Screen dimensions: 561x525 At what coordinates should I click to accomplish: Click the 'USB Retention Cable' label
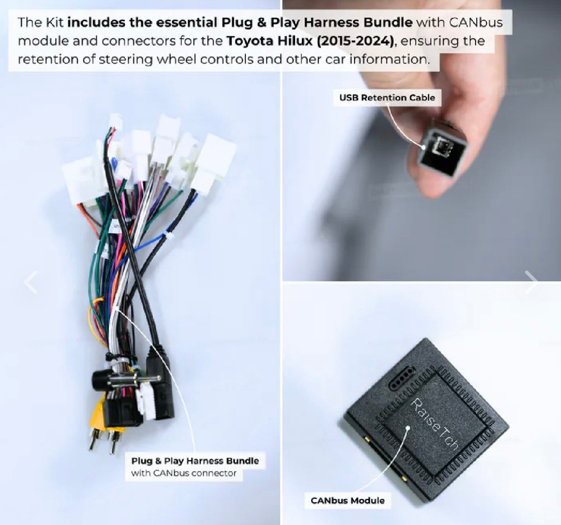[x=387, y=98]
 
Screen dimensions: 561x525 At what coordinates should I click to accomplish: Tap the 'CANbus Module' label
[x=347, y=500]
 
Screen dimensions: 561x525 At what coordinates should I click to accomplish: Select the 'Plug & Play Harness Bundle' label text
[x=195, y=461]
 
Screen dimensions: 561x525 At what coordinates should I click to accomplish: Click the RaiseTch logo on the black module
[x=434, y=424]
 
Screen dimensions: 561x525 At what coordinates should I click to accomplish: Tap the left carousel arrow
[x=30, y=282]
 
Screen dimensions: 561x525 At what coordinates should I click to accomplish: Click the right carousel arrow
[x=531, y=282]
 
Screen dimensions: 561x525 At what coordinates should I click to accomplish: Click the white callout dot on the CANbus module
[x=408, y=428]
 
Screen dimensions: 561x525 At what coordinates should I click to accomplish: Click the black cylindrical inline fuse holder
[x=102, y=380]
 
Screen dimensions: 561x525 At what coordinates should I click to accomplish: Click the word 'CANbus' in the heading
[x=476, y=23]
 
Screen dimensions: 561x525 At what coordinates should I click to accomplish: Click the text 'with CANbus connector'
[x=184, y=473]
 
